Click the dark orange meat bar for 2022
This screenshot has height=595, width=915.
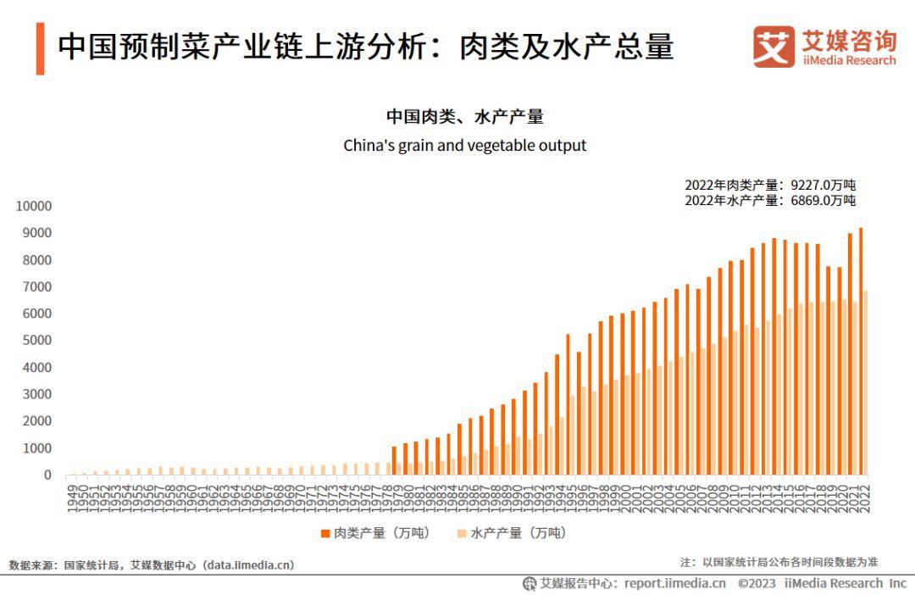(861, 351)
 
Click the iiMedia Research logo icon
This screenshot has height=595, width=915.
(774, 47)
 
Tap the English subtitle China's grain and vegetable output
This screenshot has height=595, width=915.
(464, 146)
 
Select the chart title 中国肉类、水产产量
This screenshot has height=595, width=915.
(464, 117)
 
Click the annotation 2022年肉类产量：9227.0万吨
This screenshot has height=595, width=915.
(770, 185)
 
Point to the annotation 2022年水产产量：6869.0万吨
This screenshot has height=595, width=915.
(770, 201)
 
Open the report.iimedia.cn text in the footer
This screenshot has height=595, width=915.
(675, 583)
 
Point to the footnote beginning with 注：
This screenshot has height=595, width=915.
(779, 562)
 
